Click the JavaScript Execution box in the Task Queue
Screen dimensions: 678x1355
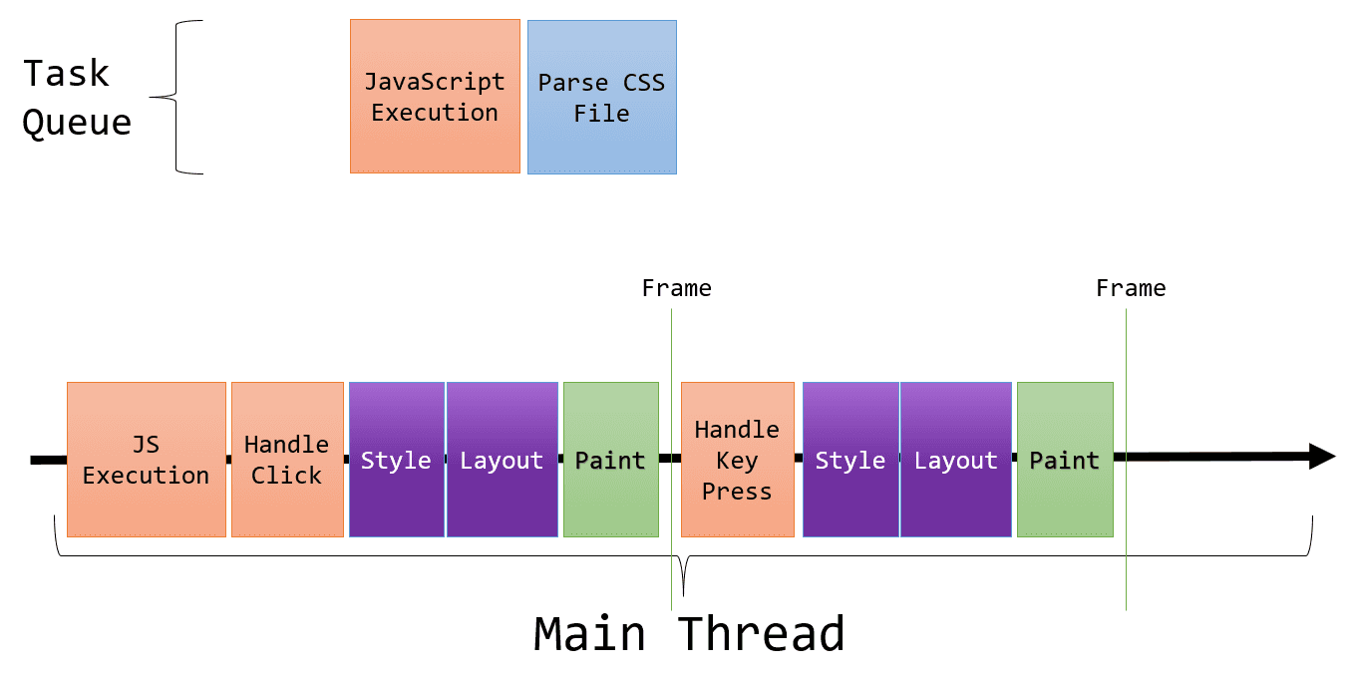(x=435, y=97)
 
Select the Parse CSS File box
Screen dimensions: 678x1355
(x=601, y=97)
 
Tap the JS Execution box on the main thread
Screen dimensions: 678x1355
(x=147, y=460)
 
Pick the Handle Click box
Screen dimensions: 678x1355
(x=287, y=460)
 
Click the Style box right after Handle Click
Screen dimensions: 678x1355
(x=396, y=460)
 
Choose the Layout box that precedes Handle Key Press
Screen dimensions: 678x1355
(x=502, y=460)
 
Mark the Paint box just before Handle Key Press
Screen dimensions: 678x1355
(x=610, y=460)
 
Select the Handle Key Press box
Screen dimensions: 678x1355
(x=737, y=460)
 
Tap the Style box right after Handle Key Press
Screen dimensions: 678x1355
(x=850, y=460)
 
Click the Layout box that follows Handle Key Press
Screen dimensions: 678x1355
(x=955, y=460)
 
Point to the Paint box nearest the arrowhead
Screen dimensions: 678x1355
(x=1065, y=460)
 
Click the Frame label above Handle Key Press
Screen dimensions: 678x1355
(x=676, y=289)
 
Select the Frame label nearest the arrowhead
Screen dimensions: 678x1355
(x=1131, y=289)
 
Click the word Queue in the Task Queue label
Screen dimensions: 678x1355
(x=77, y=123)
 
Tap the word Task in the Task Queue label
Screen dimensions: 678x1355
(x=66, y=74)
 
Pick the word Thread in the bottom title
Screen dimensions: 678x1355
(x=761, y=634)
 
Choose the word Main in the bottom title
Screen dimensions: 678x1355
(x=588, y=634)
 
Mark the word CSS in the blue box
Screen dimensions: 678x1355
(x=643, y=82)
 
